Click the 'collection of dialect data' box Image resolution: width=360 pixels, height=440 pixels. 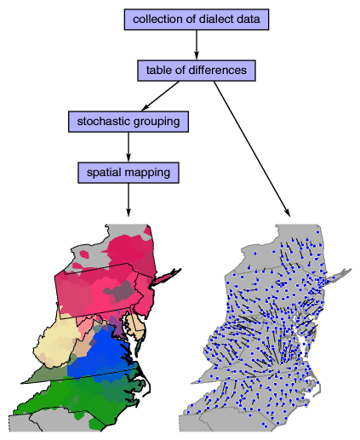(197, 20)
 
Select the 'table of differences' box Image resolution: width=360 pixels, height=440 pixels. (197, 71)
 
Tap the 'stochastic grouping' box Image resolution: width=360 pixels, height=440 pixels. (129, 122)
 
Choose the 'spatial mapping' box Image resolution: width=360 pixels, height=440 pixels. (129, 173)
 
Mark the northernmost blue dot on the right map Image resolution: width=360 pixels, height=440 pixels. (317, 232)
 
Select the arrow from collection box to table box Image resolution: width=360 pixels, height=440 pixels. (197, 45)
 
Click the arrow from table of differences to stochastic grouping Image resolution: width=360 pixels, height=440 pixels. (160, 96)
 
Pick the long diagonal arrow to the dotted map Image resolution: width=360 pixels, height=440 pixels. (252, 149)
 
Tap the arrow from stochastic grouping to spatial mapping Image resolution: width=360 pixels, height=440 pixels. (129, 147)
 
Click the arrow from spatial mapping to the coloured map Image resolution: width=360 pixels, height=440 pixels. (129, 200)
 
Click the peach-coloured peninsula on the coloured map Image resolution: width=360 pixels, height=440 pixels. (136, 326)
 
